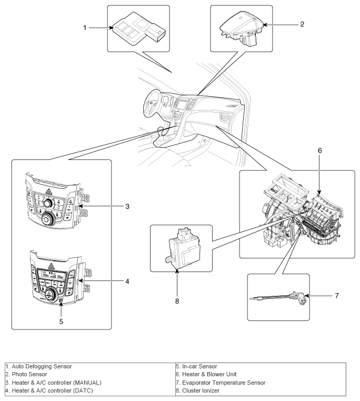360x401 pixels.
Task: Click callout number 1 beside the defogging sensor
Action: click(85, 27)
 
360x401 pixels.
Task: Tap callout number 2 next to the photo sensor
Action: click(302, 24)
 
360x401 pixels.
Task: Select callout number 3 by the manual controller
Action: click(127, 206)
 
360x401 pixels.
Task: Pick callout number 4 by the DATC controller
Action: click(127, 282)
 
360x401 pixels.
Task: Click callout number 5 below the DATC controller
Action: click(61, 322)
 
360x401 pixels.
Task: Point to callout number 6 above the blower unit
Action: click(320, 151)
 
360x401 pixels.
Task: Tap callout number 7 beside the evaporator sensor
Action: click(337, 296)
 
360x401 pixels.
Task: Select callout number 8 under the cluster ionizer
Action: click(177, 301)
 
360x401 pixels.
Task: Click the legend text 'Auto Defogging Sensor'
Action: click(42, 366)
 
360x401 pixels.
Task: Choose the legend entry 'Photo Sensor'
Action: click(29, 374)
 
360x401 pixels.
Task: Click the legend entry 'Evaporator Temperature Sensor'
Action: click(224, 383)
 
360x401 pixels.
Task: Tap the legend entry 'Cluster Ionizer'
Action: click(201, 390)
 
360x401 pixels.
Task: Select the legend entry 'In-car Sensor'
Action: click(199, 366)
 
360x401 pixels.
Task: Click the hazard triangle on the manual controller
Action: click(48, 191)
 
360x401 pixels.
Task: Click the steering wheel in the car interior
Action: click(152, 104)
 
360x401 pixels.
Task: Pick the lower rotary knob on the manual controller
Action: click(47, 219)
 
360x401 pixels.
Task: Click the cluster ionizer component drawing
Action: click(182, 248)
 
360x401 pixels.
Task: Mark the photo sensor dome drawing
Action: click(242, 28)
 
